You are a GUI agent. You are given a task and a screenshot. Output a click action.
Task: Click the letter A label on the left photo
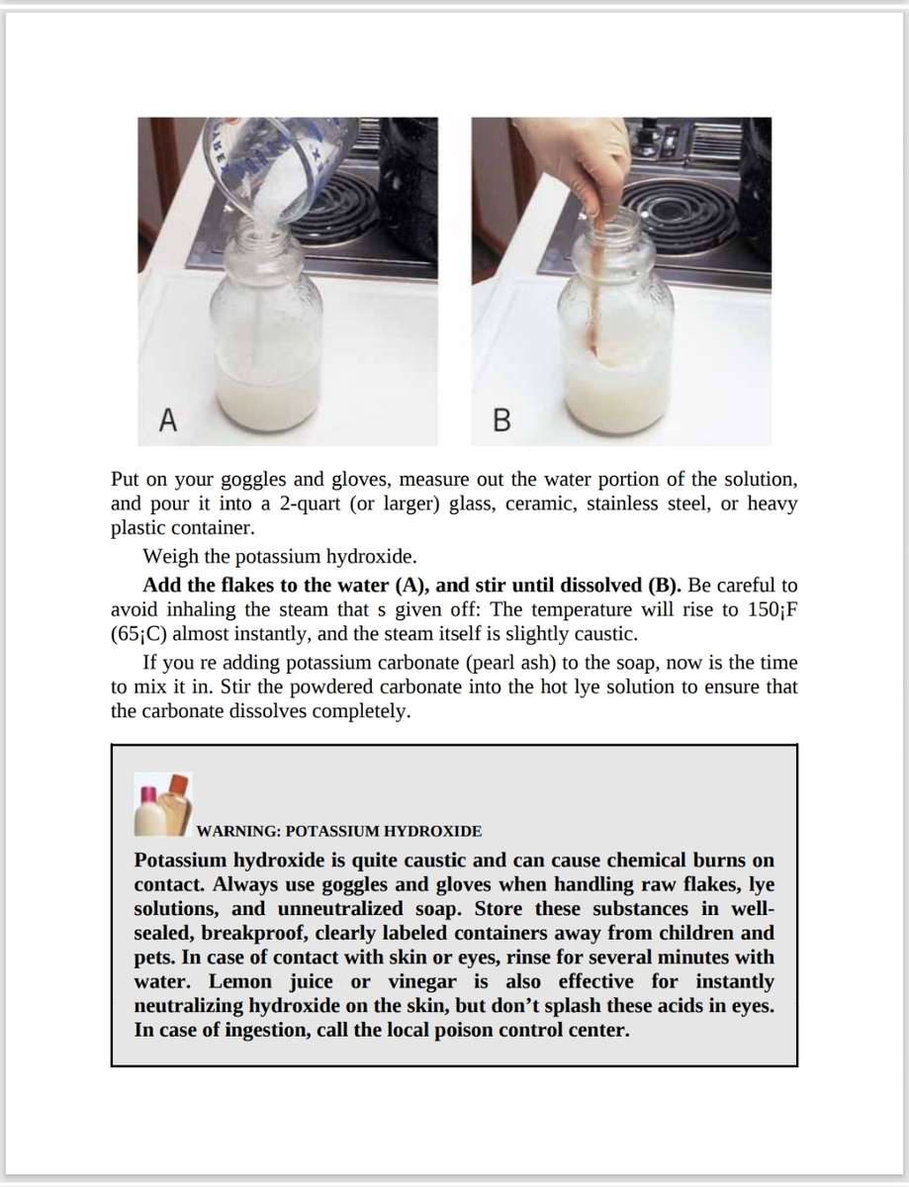click(169, 422)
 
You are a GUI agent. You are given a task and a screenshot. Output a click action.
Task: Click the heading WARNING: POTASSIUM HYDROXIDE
click(339, 830)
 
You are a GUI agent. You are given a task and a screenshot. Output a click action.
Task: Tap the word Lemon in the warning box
click(241, 982)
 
